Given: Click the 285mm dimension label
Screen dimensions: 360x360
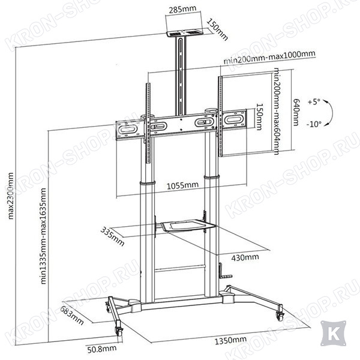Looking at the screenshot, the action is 183,10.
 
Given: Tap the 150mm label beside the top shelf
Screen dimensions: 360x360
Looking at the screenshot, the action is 217,29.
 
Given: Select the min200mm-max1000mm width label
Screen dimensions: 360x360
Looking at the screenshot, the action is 269,58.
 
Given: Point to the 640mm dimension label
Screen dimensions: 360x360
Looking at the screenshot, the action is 296,112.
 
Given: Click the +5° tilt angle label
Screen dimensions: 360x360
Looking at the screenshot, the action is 314,102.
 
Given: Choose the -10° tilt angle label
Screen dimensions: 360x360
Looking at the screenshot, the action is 314,124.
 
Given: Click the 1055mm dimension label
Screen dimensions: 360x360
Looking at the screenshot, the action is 182,185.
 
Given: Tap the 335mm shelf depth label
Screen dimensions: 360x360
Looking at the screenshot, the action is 113,236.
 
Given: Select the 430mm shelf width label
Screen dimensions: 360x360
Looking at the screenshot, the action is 245,257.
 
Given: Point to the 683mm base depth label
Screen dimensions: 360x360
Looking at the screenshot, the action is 71,316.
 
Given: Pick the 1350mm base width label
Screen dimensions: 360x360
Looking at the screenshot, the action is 230,340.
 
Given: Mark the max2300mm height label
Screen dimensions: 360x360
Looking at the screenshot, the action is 11,196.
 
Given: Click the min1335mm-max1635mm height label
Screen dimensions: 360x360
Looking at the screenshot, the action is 43,236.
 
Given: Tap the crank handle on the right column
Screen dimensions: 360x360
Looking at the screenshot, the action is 224,272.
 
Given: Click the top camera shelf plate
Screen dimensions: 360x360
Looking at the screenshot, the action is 185,33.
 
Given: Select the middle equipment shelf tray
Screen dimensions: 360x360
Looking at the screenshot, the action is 188,226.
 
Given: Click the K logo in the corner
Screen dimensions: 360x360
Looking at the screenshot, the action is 334,333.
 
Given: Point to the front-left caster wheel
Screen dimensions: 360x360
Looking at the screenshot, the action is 119,332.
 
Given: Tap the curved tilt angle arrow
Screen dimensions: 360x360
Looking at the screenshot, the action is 329,113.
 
